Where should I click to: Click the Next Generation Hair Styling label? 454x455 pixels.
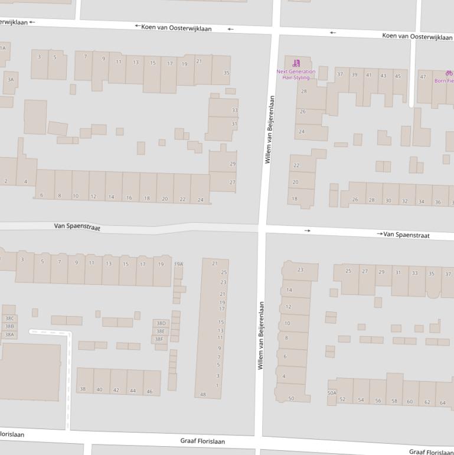click(x=296, y=74)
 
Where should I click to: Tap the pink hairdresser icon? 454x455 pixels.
click(x=296, y=63)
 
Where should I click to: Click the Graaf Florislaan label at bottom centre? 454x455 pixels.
click(x=202, y=441)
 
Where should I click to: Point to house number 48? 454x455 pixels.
click(x=203, y=394)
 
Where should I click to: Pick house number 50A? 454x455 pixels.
click(x=332, y=392)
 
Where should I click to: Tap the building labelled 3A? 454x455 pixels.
click(x=10, y=80)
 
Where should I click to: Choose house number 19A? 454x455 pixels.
click(x=178, y=265)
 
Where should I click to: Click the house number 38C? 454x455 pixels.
click(x=9, y=318)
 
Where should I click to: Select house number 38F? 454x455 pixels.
click(x=159, y=339)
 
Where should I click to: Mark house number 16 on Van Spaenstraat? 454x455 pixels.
click(x=129, y=197)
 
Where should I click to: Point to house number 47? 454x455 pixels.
click(x=423, y=77)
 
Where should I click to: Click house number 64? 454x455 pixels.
click(x=443, y=402)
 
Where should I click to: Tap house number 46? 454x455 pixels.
click(x=149, y=391)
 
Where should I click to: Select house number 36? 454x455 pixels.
click(x=437, y=201)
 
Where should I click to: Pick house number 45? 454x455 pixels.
click(x=397, y=76)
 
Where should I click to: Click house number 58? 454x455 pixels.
click(x=394, y=401)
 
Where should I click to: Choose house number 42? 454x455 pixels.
click(x=116, y=390)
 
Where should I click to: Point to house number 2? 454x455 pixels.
click(x=6, y=181)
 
